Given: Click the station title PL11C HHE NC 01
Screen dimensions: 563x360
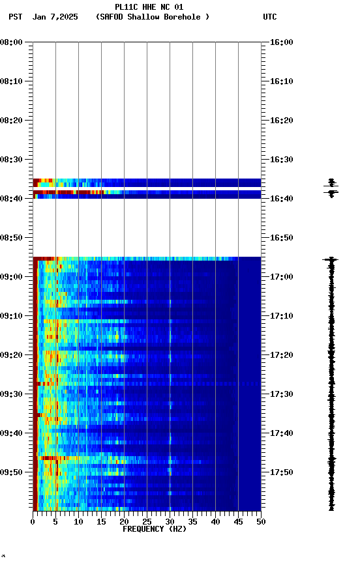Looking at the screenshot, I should [x=149, y=7].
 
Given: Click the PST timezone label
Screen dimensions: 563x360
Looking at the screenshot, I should [x=16, y=17].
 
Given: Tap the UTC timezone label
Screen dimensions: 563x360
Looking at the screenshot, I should [x=270, y=17].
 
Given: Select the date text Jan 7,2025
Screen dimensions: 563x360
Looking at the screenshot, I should [x=55, y=17].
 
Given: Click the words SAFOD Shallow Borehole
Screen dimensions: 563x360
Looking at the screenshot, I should [x=152, y=17].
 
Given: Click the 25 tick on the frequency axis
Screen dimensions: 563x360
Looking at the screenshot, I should [x=147, y=521].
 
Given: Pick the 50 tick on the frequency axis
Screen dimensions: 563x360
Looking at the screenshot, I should [x=261, y=521].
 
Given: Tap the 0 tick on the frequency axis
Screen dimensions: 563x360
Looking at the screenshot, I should [x=33, y=521].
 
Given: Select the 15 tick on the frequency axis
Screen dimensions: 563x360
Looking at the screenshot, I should [x=101, y=521].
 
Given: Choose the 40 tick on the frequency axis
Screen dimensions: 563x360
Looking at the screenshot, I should [x=215, y=521].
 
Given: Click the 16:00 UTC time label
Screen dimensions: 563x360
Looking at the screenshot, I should [x=282, y=42].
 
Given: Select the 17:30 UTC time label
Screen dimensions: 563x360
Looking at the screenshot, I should [x=282, y=394].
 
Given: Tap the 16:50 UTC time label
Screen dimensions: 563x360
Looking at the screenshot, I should [x=282, y=238].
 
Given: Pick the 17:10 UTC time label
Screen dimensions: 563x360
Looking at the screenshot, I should [x=282, y=316].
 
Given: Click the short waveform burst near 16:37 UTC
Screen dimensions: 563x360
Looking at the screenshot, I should [x=331, y=187].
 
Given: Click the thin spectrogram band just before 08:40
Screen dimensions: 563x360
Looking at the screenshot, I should [x=147, y=195].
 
